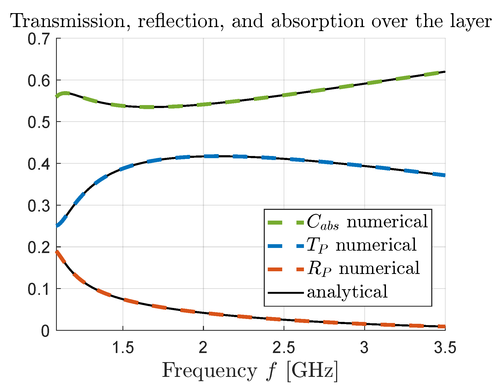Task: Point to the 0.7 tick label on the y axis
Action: pos(39,39)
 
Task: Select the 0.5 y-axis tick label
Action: pos(39,122)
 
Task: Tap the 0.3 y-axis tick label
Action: pos(39,206)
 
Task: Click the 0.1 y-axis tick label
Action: pos(39,289)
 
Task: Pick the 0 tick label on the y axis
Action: pos(45,331)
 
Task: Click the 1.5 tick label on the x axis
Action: pos(123,348)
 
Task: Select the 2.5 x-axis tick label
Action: pos(284,348)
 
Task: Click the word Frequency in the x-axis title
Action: pos(209,371)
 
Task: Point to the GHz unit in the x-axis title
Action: pos(312,371)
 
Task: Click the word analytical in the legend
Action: pos(347,292)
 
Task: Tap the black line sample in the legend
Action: pos(285,292)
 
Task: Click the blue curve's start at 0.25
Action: pos(57,225)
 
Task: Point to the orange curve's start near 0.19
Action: pos(57,252)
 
